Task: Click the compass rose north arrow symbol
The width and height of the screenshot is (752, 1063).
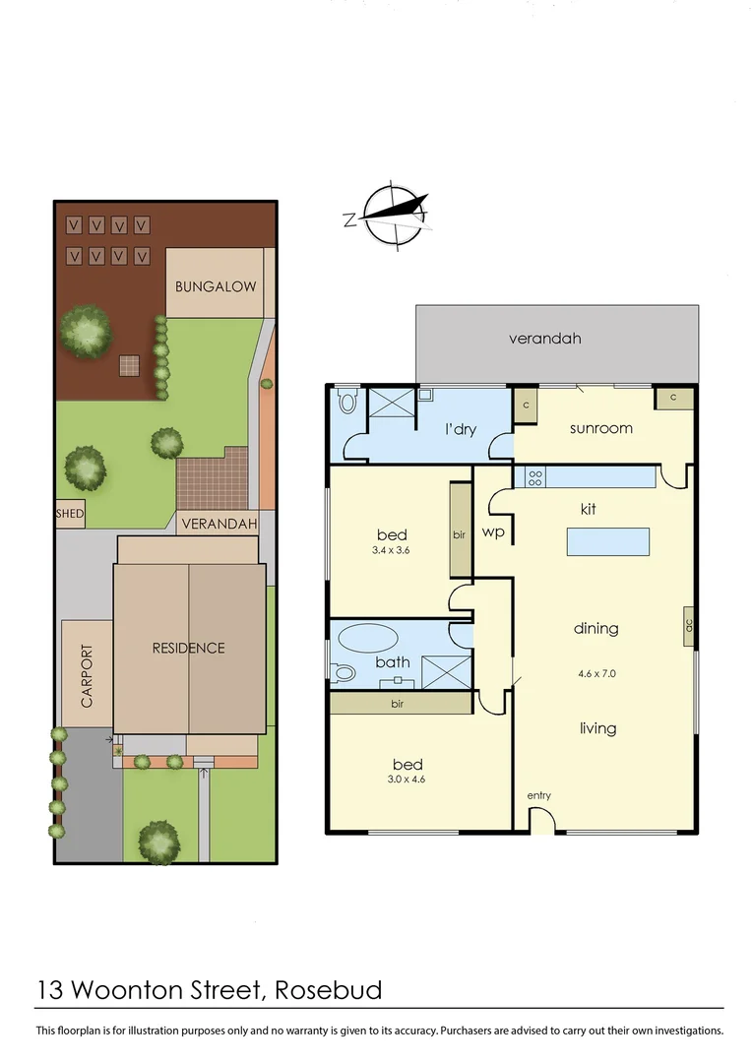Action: (396, 213)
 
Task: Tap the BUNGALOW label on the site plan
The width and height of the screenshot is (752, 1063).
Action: (216, 287)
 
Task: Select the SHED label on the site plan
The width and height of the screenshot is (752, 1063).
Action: (70, 514)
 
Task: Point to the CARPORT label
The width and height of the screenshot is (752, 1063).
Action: (87, 676)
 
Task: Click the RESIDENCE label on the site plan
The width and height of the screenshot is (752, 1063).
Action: (188, 648)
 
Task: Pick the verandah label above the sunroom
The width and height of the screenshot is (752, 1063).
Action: (544, 339)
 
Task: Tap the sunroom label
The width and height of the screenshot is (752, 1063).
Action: (600, 428)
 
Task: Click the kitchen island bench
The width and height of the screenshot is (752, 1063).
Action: (607, 542)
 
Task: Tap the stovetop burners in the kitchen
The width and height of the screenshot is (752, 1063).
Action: (536, 477)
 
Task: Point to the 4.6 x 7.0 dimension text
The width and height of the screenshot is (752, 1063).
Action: (597, 674)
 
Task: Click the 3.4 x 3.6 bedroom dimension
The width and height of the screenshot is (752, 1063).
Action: (391, 551)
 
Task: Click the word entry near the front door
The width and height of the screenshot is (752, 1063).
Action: (538, 795)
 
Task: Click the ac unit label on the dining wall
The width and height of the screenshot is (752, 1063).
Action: (689, 623)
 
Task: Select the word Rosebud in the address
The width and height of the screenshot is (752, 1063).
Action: (329, 989)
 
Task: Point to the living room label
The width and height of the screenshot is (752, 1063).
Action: (597, 728)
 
